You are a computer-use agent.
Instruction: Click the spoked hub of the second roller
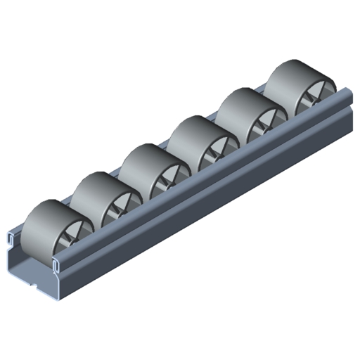(119, 212)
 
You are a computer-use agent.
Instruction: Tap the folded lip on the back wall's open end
(11, 236)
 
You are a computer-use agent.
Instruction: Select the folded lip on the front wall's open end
(55, 266)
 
